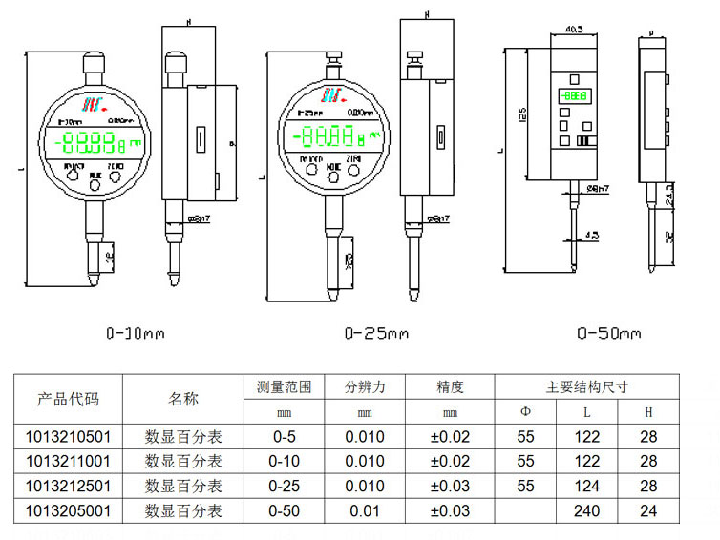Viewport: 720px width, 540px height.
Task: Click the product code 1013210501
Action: (x=68, y=437)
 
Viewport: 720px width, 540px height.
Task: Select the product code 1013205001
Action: (x=68, y=511)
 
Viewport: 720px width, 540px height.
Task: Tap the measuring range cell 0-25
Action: (x=284, y=487)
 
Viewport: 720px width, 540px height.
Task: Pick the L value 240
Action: (x=586, y=511)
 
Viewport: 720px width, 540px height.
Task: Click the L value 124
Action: (x=586, y=487)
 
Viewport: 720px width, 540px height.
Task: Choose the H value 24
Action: (x=648, y=511)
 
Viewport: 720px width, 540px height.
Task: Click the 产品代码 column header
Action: (x=68, y=399)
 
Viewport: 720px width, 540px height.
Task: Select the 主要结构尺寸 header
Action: (x=586, y=387)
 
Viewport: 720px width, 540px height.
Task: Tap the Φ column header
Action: (x=525, y=412)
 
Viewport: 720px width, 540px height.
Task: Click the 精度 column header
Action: (x=450, y=387)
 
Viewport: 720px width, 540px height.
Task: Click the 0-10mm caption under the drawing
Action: (x=135, y=334)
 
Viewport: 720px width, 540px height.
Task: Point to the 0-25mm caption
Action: (x=375, y=334)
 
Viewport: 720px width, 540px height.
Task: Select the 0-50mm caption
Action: (x=608, y=334)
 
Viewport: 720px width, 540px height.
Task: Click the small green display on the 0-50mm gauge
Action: (x=575, y=96)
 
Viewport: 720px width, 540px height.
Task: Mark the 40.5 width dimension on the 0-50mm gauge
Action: (x=575, y=28)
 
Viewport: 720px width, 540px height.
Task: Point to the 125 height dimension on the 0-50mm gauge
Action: (x=522, y=114)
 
